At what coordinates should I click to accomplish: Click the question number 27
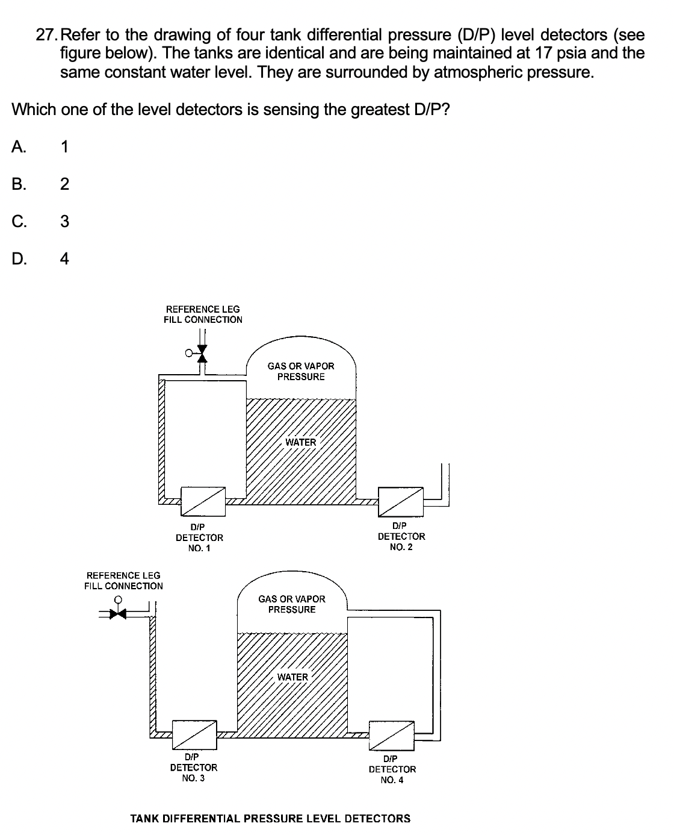pos(48,34)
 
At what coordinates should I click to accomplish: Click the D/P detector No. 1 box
pos(203,501)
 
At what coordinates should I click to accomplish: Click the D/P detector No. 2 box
pos(401,501)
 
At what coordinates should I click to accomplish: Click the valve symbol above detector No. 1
pos(202,354)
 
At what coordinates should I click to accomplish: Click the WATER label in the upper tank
pos(300,442)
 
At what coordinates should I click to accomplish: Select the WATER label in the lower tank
pos(292,677)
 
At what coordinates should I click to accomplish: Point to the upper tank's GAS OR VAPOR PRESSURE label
pos(301,371)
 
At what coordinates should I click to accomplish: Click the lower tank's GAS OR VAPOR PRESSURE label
pos(292,604)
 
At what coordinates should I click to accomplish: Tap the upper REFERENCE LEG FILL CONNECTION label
pos(203,314)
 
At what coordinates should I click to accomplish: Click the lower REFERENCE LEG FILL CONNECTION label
pos(123,581)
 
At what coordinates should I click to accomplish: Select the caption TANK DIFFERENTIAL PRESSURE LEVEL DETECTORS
pos(271,818)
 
